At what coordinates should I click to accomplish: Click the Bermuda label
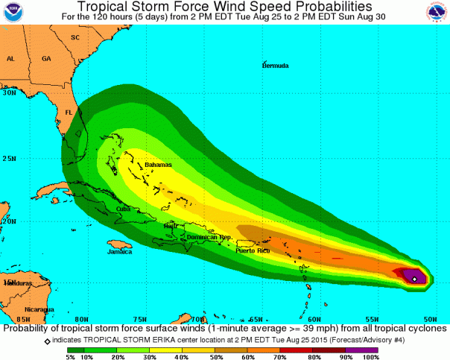[275, 66]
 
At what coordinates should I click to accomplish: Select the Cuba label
[124, 209]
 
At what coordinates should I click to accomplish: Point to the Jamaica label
[118, 252]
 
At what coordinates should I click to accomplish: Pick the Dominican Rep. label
[209, 237]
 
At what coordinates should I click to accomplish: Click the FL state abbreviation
[69, 113]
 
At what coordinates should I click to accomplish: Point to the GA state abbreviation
[46, 58]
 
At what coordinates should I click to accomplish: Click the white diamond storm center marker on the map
[414, 279]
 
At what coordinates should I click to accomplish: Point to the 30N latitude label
[10, 94]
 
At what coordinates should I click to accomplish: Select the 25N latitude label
[10, 159]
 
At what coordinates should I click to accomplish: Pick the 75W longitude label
[140, 319]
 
